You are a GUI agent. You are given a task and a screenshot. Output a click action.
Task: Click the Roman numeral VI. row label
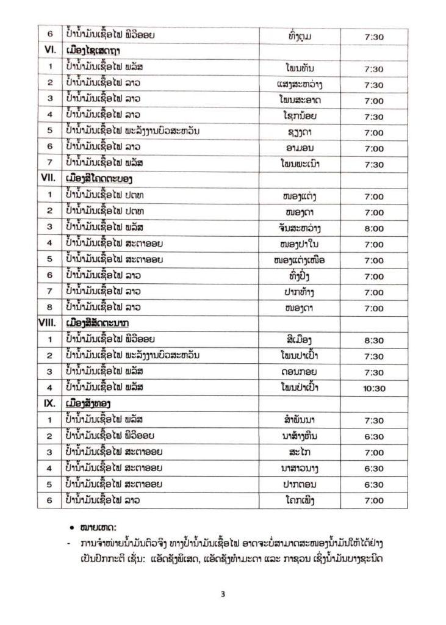[51, 52]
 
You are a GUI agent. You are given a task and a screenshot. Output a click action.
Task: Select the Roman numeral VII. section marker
[51, 179]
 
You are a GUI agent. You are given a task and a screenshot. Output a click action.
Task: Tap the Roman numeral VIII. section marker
[51, 322]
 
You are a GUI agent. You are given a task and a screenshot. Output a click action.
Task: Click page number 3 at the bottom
[223, 596]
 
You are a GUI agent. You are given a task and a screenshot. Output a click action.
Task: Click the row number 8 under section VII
[51, 307]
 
